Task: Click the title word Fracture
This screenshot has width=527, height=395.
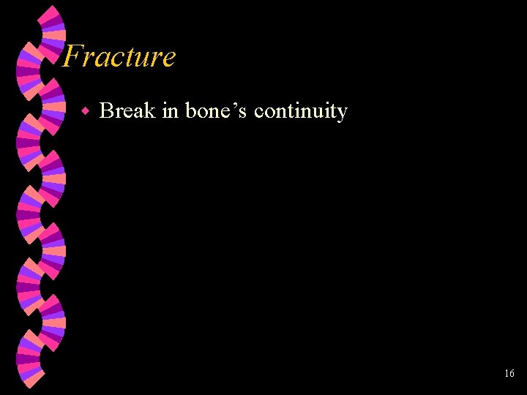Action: tap(119, 57)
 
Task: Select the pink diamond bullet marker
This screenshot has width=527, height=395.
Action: tap(85, 112)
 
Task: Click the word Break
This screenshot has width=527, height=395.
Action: tap(127, 111)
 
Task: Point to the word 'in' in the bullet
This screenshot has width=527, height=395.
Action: tap(170, 111)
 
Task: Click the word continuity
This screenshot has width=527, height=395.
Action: tap(300, 112)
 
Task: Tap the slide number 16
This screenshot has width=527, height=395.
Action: tap(509, 374)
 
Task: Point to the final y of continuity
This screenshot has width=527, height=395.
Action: tap(342, 114)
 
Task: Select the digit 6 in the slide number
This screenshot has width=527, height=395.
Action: tap(512, 374)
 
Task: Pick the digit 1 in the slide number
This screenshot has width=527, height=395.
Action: tap(507, 374)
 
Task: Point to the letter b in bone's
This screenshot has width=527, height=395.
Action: tap(191, 111)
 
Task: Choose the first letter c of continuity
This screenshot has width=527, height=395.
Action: tap(258, 113)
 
